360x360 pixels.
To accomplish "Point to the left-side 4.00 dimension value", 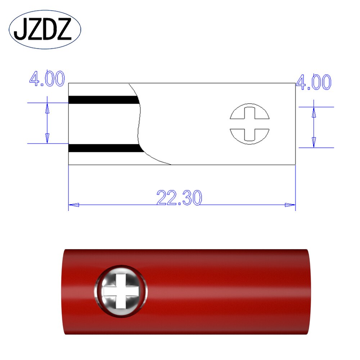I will pos(47,79).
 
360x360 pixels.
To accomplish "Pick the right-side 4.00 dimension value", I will pos(313,83).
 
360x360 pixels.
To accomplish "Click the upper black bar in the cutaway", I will pos(103,100).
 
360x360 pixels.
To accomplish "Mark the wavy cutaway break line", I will pos(140,122).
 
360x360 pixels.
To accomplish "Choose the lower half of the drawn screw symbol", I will pos(250,136).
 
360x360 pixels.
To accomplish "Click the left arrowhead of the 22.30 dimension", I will pos(73,205).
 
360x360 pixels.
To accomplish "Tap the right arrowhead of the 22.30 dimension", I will pos(290,205).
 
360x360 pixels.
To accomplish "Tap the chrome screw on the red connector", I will pos(121,291).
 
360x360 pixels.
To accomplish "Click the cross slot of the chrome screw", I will pos(121,291).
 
